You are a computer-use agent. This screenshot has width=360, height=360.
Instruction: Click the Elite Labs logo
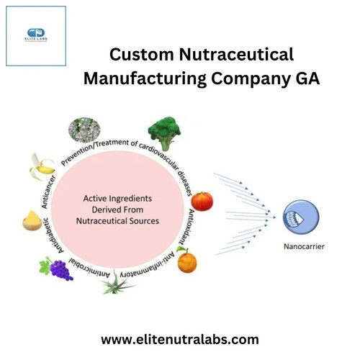(x=36, y=35)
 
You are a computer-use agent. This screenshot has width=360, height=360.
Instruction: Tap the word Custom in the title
(x=142, y=55)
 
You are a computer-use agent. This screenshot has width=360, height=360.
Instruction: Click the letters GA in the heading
(x=307, y=78)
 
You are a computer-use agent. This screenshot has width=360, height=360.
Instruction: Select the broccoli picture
(x=165, y=133)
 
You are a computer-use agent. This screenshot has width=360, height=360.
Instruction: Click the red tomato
(x=202, y=201)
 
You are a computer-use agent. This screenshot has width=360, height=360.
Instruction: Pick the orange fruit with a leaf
(x=186, y=260)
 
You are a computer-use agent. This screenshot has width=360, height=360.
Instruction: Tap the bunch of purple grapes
(x=57, y=269)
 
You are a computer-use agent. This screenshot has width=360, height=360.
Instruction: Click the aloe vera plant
(x=117, y=282)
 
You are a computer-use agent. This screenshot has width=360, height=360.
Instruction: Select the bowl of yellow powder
(x=32, y=220)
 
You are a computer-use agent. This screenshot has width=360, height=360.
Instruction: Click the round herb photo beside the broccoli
(x=84, y=130)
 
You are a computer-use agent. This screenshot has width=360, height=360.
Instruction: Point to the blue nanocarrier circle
(x=301, y=217)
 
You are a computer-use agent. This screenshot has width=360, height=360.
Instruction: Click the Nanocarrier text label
(x=304, y=246)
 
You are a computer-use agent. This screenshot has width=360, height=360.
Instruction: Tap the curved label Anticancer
(x=49, y=192)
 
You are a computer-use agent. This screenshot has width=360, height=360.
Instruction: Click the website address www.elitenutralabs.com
(x=180, y=340)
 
